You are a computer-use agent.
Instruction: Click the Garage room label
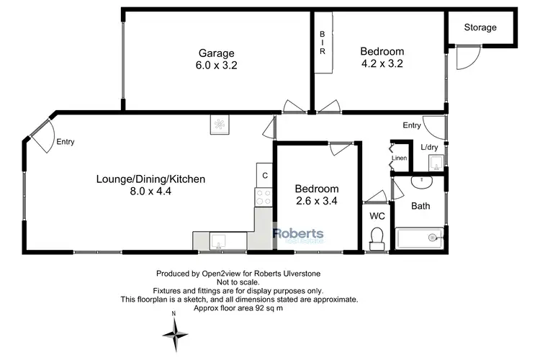[217, 52]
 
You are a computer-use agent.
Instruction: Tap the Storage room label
[480, 27]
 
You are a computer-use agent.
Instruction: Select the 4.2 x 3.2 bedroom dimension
[382, 63]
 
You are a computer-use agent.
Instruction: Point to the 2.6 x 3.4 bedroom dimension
[317, 202]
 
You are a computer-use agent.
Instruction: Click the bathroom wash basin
[418, 179]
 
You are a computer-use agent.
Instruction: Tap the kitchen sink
[217, 240]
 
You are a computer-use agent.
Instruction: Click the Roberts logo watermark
[298, 234]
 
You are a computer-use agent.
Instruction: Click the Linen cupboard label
[399, 158]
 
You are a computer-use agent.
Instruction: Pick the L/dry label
[429, 148]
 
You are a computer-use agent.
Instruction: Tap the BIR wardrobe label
[323, 42]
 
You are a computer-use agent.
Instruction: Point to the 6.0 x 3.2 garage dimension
[217, 64]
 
